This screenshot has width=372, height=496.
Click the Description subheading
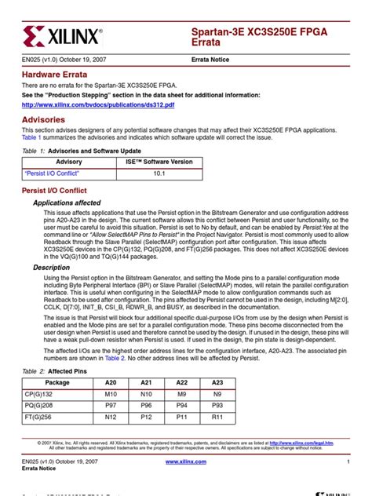[x=51, y=268]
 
